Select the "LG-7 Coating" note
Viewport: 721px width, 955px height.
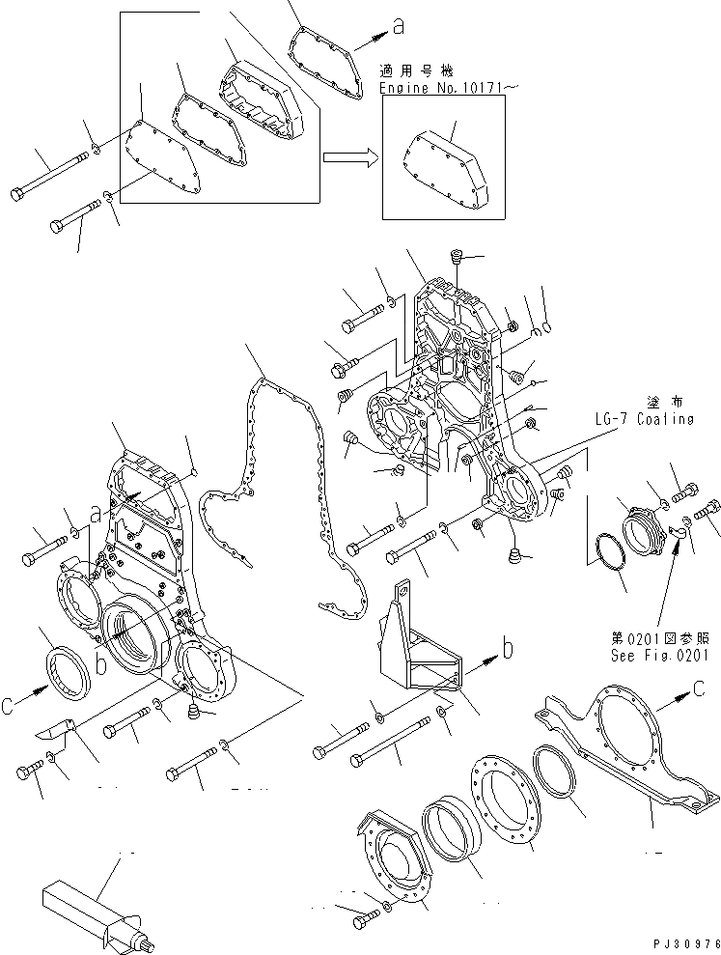click(646, 418)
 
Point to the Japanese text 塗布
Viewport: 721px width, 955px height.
click(660, 401)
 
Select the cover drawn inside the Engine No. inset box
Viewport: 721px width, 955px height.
click(448, 174)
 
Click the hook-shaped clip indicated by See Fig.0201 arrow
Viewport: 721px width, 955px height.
click(678, 527)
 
